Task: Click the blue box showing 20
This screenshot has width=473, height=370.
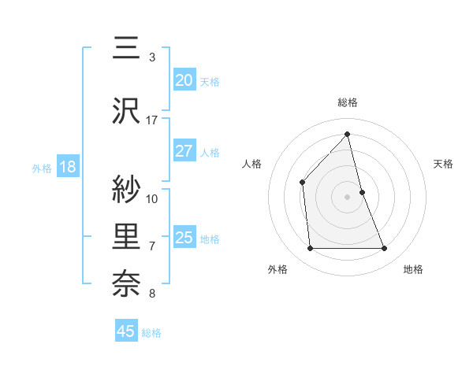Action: (x=184, y=80)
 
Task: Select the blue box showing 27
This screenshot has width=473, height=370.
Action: (x=184, y=151)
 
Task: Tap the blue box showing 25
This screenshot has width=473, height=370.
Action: (x=184, y=238)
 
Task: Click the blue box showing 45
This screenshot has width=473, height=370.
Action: (x=126, y=331)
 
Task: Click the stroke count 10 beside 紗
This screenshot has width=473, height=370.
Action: (x=152, y=198)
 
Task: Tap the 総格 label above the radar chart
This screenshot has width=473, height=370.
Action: (x=348, y=102)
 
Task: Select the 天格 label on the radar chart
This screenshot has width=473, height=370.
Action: (x=443, y=164)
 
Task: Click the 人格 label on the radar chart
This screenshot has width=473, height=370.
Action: (x=252, y=164)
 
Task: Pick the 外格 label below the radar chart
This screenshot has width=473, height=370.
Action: (x=277, y=269)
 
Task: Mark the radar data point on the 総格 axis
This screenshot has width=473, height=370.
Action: (x=348, y=135)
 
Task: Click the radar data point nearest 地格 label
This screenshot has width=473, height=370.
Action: (x=385, y=249)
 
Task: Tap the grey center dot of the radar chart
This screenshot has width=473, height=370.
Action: (x=348, y=196)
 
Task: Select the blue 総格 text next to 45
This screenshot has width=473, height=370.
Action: (x=151, y=333)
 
